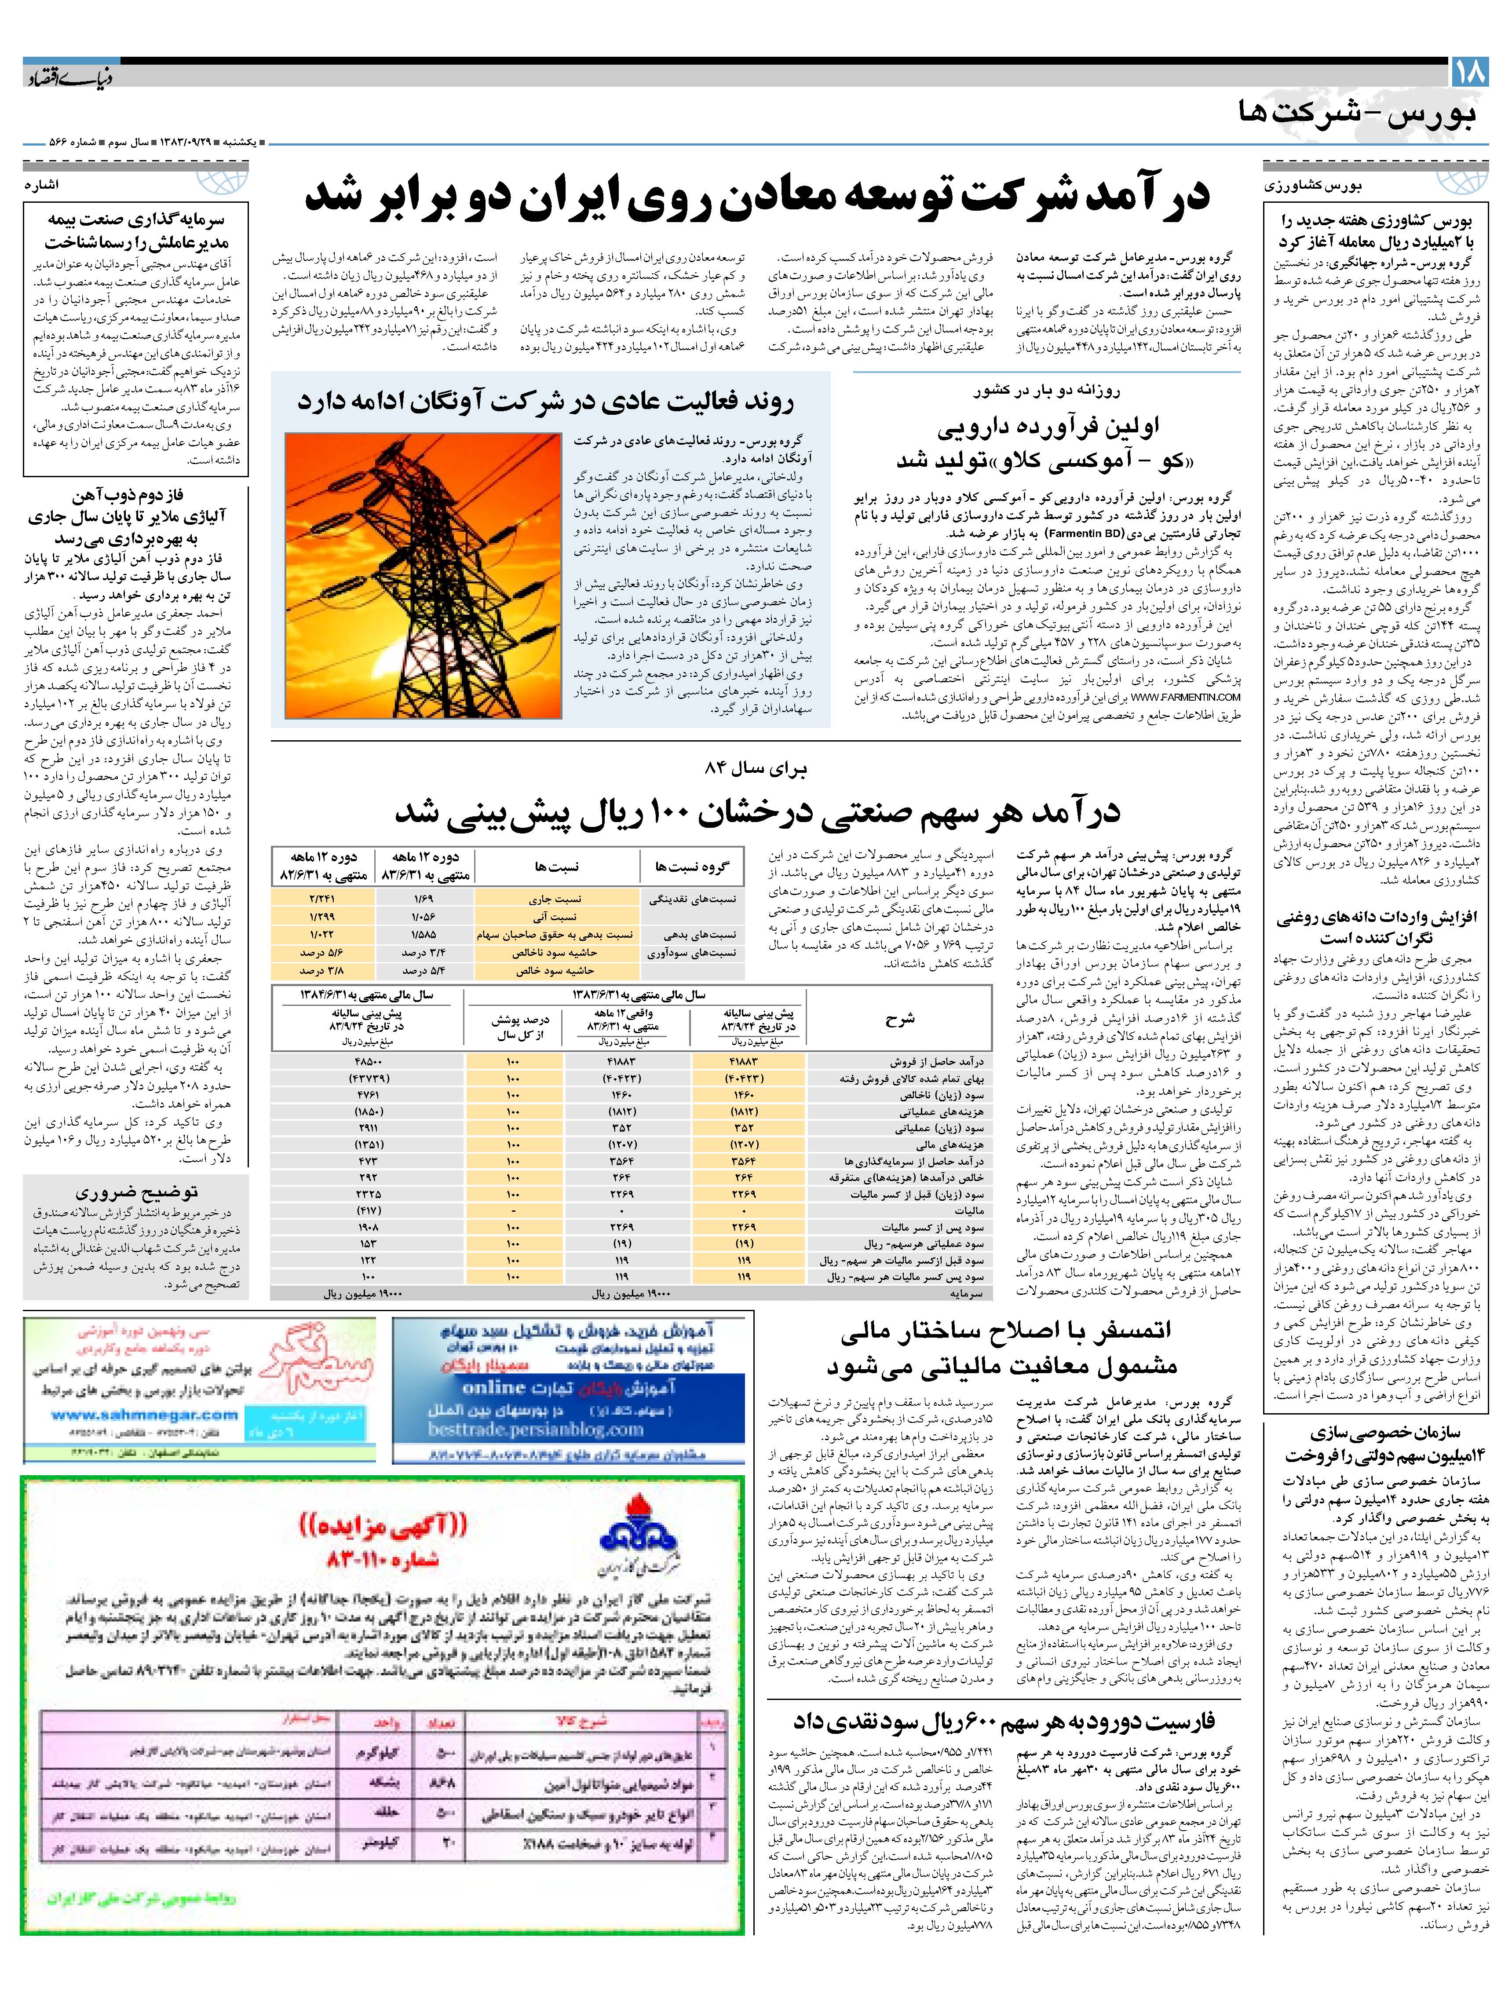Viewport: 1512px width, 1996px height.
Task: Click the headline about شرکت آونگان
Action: pyautogui.click(x=546, y=402)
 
